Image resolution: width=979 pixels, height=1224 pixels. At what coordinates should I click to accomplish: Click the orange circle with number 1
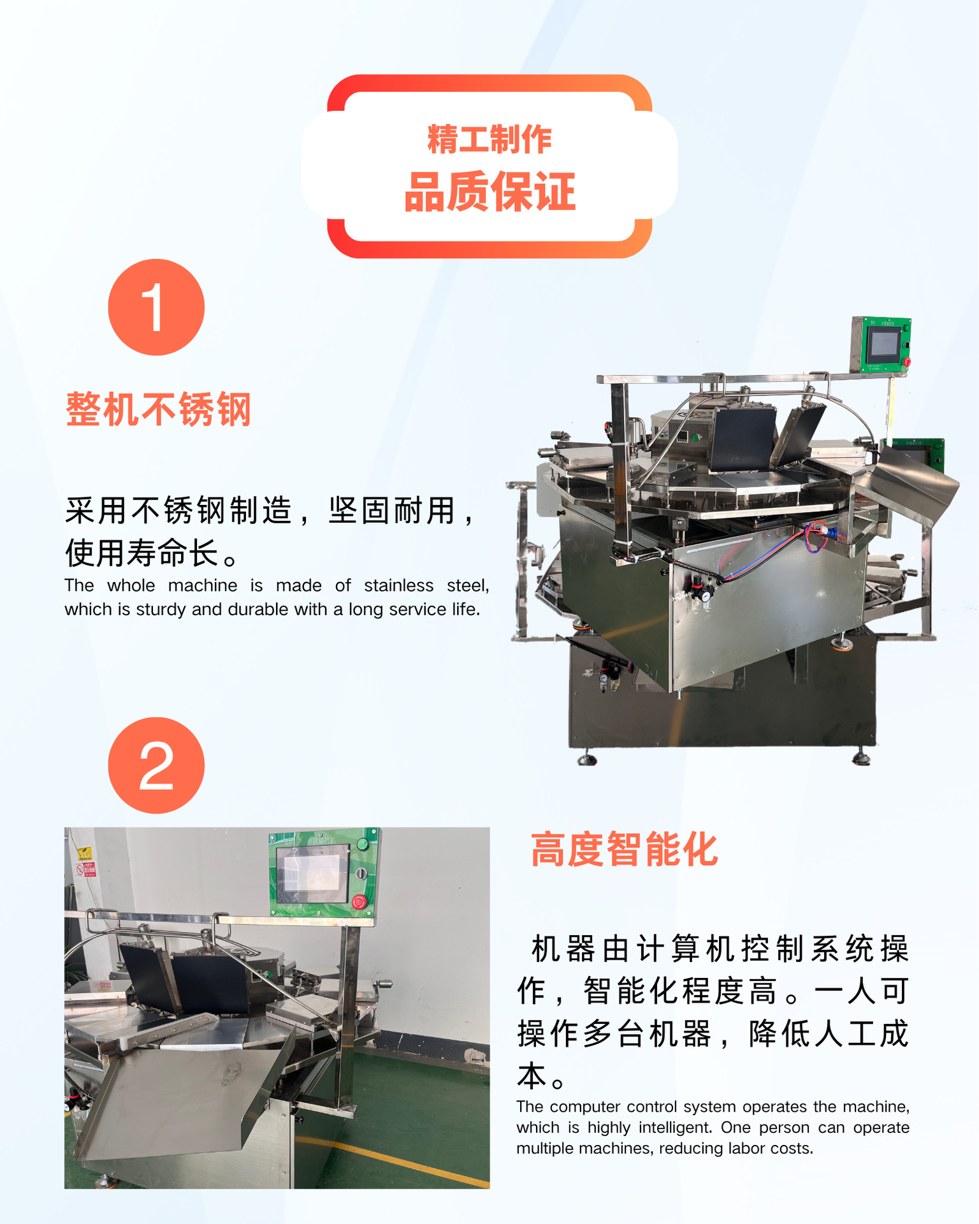click(156, 307)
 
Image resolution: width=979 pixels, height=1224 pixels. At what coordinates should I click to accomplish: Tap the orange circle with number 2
click(156, 766)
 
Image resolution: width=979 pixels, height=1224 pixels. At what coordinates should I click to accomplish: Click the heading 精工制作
click(489, 139)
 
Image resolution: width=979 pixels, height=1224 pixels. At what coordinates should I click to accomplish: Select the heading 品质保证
click(489, 191)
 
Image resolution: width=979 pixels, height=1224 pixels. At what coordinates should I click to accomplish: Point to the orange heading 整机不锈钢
click(159, 409)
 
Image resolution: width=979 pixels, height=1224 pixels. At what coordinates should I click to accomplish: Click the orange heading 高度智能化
click(625, 849)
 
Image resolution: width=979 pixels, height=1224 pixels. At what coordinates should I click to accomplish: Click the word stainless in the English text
click(398, 585)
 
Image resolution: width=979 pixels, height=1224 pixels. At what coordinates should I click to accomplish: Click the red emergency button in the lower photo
click(359, 901)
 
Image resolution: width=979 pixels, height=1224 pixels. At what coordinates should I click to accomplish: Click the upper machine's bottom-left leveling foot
click(586, 759)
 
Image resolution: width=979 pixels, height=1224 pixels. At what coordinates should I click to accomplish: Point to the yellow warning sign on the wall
click(84, 854)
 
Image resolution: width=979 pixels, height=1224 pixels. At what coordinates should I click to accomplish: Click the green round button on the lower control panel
click(363, 844)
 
